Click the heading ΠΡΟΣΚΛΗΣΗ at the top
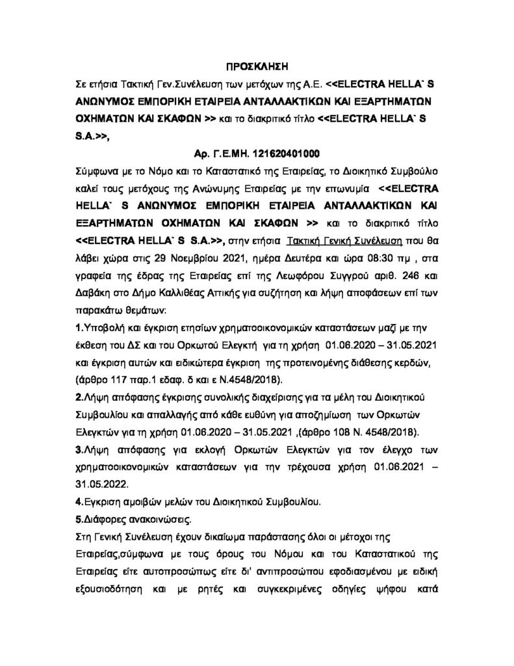257,66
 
